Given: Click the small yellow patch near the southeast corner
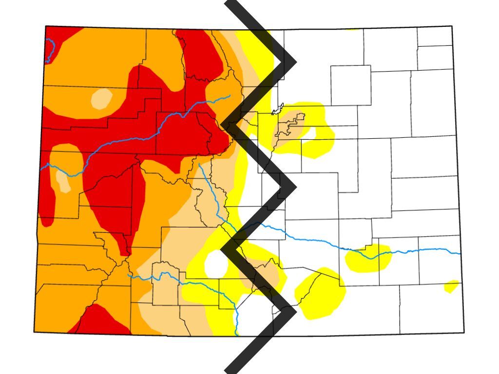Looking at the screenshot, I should pyautogui.click(x=451, y=286).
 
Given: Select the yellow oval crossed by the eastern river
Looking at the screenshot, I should pyautogui.click(x=368, y=257).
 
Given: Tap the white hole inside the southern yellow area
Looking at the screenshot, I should pyautogui.click(x=216, y=263).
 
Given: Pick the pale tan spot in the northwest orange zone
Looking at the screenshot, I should pyautogui.click(x=101, y=99).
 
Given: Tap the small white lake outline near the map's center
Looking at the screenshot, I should pyautogui.click(x=278, y=109).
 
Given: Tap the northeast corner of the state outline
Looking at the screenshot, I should pyautogui.click(x=452, y=26).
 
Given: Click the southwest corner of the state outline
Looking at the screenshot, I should pyautogui.click(x=34, y=332).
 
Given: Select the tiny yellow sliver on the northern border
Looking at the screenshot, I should pyautogui.click(x=352, y=29).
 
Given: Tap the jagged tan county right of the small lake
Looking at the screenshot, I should pyautogui.click(x=291, y=125).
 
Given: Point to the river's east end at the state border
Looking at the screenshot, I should pyautogui.click(x=459, y=253).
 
